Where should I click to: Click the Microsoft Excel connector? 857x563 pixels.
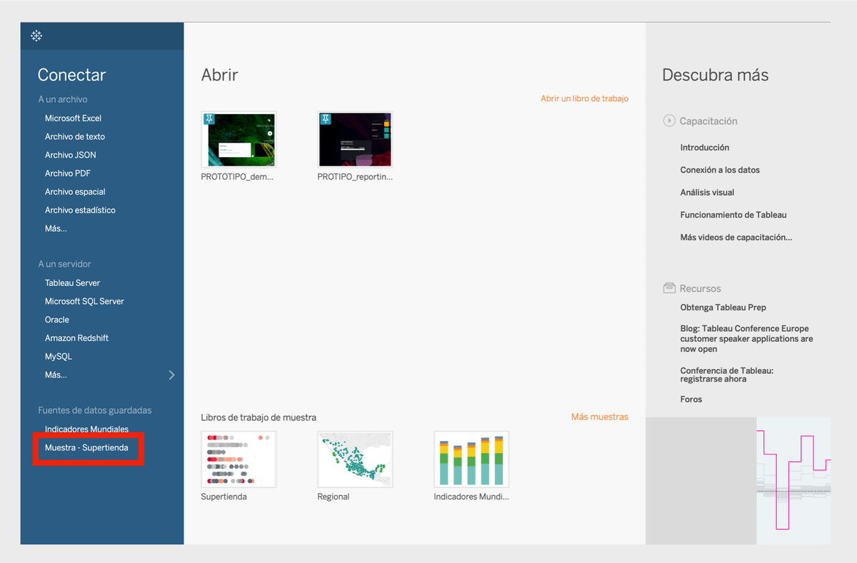click(x=73, y=118)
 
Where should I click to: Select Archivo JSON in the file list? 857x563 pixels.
click(x=71, y=155)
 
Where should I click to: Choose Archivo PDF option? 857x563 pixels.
click(x=68, y=173)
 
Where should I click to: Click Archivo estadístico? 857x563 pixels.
click(x=80, y=210)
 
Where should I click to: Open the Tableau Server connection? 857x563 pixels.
click(x=72, y=283)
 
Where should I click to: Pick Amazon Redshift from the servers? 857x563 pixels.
click(x=76, y=338)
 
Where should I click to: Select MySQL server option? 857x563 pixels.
click(x=59, y=356)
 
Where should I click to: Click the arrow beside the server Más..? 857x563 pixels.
click(x=172, y=375)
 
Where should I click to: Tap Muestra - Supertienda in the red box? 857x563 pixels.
click(x=86, y=447)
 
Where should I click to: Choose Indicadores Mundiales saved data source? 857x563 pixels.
click(x=86, y=429)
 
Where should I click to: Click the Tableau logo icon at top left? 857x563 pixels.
click(x=36, y=36)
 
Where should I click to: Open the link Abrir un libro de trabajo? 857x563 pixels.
click(x=584, y=98)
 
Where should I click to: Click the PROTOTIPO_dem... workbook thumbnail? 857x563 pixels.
click(x=239, y=140)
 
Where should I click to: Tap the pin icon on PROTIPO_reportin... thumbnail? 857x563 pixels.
click(x=326, y=119)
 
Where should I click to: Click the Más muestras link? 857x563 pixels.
click(x=599, y=417)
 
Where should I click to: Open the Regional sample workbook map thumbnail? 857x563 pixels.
click(x=355, y=460)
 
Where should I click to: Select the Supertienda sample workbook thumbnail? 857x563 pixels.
click(x=239, y=460)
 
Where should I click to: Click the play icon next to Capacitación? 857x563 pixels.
click(x=669, y=121)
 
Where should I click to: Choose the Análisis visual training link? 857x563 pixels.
click(x=707, y=192)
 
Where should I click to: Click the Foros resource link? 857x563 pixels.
click(x=691, y=399)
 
